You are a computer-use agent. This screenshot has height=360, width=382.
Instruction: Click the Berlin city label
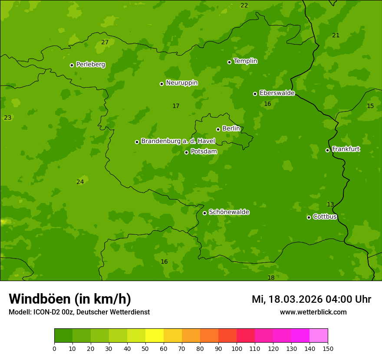(x=231, y=129)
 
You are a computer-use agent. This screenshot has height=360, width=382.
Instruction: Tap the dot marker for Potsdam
(x=187, y=152)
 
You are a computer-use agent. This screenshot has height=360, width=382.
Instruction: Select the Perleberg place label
(x=90, y=65)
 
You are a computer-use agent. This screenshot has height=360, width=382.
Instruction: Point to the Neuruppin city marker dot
(x=161, y=84)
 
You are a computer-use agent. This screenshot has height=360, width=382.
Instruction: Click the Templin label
(x=245, y=61)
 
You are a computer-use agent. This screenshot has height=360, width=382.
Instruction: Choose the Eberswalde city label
(x=277, y=93)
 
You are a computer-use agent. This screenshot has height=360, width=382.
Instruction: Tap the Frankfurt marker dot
(x=327, y=150)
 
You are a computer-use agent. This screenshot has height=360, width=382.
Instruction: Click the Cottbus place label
(x=325, y=217)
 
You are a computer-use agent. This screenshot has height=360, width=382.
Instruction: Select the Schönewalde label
(x=229, y=212)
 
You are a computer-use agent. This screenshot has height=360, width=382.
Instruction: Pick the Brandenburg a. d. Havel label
(x=178, y=141)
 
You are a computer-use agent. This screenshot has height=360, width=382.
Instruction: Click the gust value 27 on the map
(x=105, y=43)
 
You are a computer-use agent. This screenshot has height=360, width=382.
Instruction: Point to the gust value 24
(x=80, y=182)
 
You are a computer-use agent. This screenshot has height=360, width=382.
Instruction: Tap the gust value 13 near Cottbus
(x=330, y=205)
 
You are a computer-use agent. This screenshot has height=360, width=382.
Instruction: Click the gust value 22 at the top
(x=244, y=6)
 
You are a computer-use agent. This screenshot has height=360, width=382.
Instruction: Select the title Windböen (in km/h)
(x=70, y=299)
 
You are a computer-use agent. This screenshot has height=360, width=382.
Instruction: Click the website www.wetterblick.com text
(x=313, y=312)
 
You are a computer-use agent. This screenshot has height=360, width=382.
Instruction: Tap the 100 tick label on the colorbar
(x=237, y=348)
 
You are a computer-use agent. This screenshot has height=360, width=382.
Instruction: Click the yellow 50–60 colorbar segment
(x=155, y=336)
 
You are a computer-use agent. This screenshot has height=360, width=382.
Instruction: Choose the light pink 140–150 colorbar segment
(x=319, y=336)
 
